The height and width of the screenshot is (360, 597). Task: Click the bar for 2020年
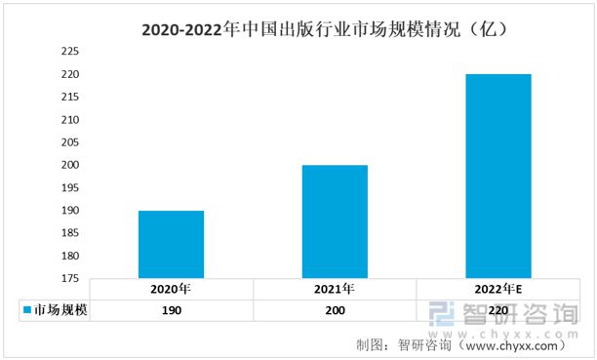(x=171, y=244)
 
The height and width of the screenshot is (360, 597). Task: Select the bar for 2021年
(x=335, y=221)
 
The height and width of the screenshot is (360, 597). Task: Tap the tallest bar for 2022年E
(x=498, y=176)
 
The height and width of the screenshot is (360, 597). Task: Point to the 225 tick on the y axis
(x=71, y=51)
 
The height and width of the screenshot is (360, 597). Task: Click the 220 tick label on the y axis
(x=71, y=74)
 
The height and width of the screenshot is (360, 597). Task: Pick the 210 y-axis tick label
(x=71, y=119)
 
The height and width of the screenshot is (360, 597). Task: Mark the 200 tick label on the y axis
(x=71, y=165)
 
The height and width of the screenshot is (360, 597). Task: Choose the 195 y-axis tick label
(x=71, y=187)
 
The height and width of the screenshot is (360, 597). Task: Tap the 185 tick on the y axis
(x=71, y=233)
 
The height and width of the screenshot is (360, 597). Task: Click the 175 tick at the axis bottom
(x=71, y=279)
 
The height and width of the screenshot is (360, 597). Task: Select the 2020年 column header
(x=171, y=290)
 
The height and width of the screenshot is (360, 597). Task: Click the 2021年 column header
(x=335, y=290)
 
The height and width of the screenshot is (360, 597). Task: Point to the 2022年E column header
(x=498, y=290)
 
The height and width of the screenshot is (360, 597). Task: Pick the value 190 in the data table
(x=171, y=310)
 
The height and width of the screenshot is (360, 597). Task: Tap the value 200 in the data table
(x=335, y=310)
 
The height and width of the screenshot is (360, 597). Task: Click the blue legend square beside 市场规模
(x=26, y=310)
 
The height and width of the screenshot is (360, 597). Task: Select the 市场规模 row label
(x=60, y=310)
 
